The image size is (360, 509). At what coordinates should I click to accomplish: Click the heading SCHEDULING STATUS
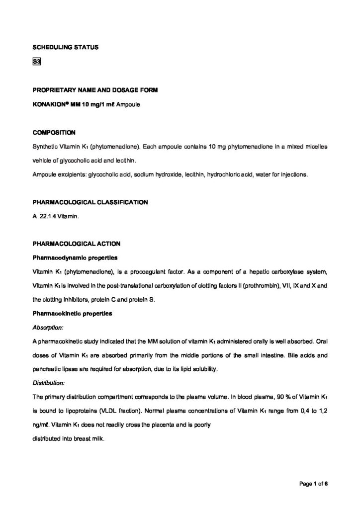click(65, 47)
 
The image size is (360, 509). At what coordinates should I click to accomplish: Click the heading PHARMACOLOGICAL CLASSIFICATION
click(90, 202)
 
